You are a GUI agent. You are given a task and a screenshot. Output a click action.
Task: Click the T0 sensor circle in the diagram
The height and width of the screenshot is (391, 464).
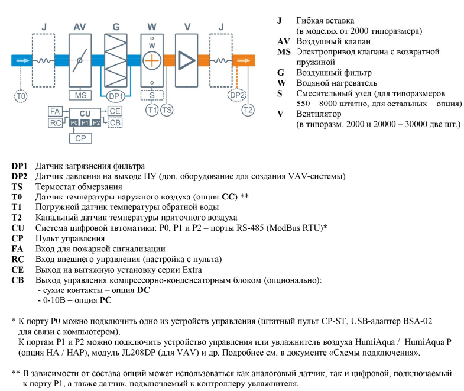(21, 95)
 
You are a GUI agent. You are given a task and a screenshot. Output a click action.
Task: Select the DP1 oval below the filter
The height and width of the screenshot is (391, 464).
(116, 95)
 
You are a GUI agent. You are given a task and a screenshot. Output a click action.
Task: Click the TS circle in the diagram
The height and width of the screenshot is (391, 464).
(167, 109)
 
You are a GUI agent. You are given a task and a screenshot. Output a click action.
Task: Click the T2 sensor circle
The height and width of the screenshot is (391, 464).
(248, 109)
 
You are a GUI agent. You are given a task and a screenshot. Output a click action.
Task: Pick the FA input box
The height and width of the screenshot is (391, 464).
(54, 111)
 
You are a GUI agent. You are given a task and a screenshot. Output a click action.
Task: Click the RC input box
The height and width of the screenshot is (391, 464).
(54, 122)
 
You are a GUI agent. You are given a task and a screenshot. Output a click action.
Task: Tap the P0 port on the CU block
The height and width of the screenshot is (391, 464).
(73, 122)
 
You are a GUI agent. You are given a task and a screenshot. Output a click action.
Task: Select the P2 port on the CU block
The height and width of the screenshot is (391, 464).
(96, 122)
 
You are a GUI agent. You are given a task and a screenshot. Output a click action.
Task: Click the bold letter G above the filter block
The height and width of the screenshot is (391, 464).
(116, 27)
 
